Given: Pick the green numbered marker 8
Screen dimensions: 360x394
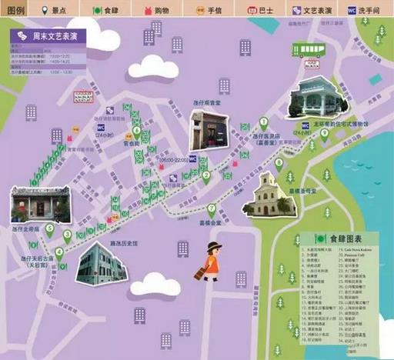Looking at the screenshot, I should (278, 162).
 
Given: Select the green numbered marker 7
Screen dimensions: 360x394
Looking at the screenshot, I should (211, 208).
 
